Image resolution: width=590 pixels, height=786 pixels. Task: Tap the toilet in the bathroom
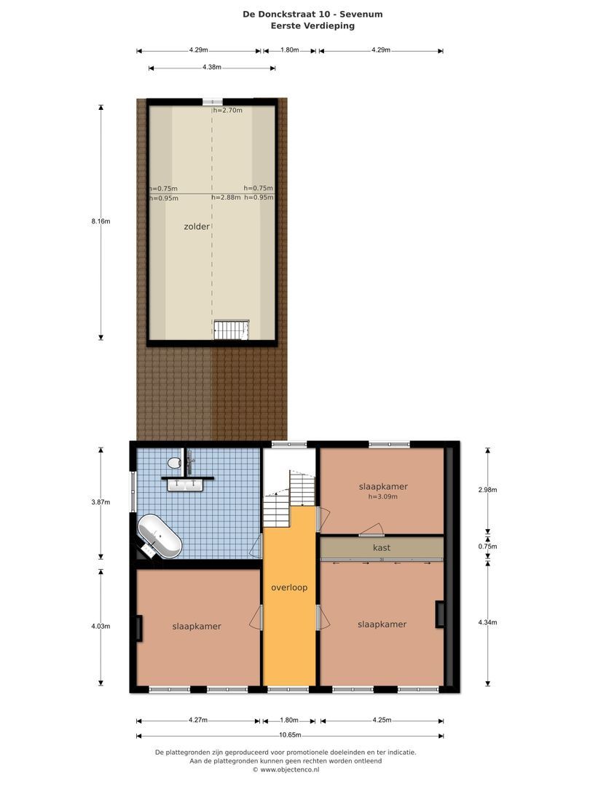coord(174,462)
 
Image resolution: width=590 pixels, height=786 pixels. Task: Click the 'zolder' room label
coord(197,226)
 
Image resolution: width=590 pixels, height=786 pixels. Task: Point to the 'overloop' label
coord(289,587)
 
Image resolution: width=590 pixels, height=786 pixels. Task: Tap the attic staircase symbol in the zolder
coord(231,330)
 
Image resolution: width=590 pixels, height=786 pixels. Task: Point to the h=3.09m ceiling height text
coord(382,497)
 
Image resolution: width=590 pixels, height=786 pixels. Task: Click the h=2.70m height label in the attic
coord(227,111)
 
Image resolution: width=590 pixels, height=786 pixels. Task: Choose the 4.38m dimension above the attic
coord(211,68)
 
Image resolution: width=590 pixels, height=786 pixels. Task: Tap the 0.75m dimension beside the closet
coord(487,547)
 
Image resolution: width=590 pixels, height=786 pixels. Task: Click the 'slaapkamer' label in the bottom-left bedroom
coord(197,626)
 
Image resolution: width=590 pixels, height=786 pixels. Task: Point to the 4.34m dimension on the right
coord(487,622)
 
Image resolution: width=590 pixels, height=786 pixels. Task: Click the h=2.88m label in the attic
coord(226,197)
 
